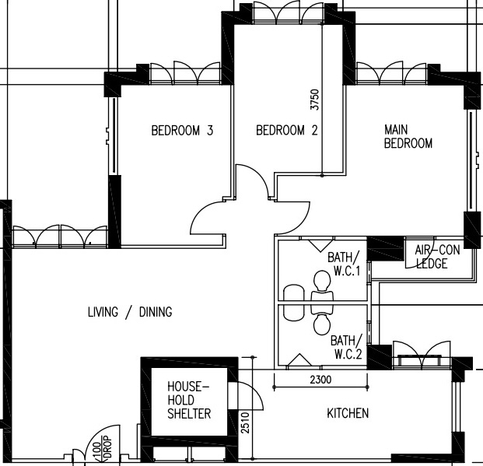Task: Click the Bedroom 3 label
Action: [x=182, y=131]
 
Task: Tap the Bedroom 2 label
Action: [x=287, y=131]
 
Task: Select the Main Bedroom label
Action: [x=408, y=136]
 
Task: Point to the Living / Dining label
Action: [x=130, y=313]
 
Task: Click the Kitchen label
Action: [x=348, y=413]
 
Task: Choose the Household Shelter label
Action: [x=189, y=400]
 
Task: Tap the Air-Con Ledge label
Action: [x=436, y=257]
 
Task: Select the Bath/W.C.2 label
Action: [x=347, y=347]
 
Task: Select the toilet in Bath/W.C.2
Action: [x=320, y=321]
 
